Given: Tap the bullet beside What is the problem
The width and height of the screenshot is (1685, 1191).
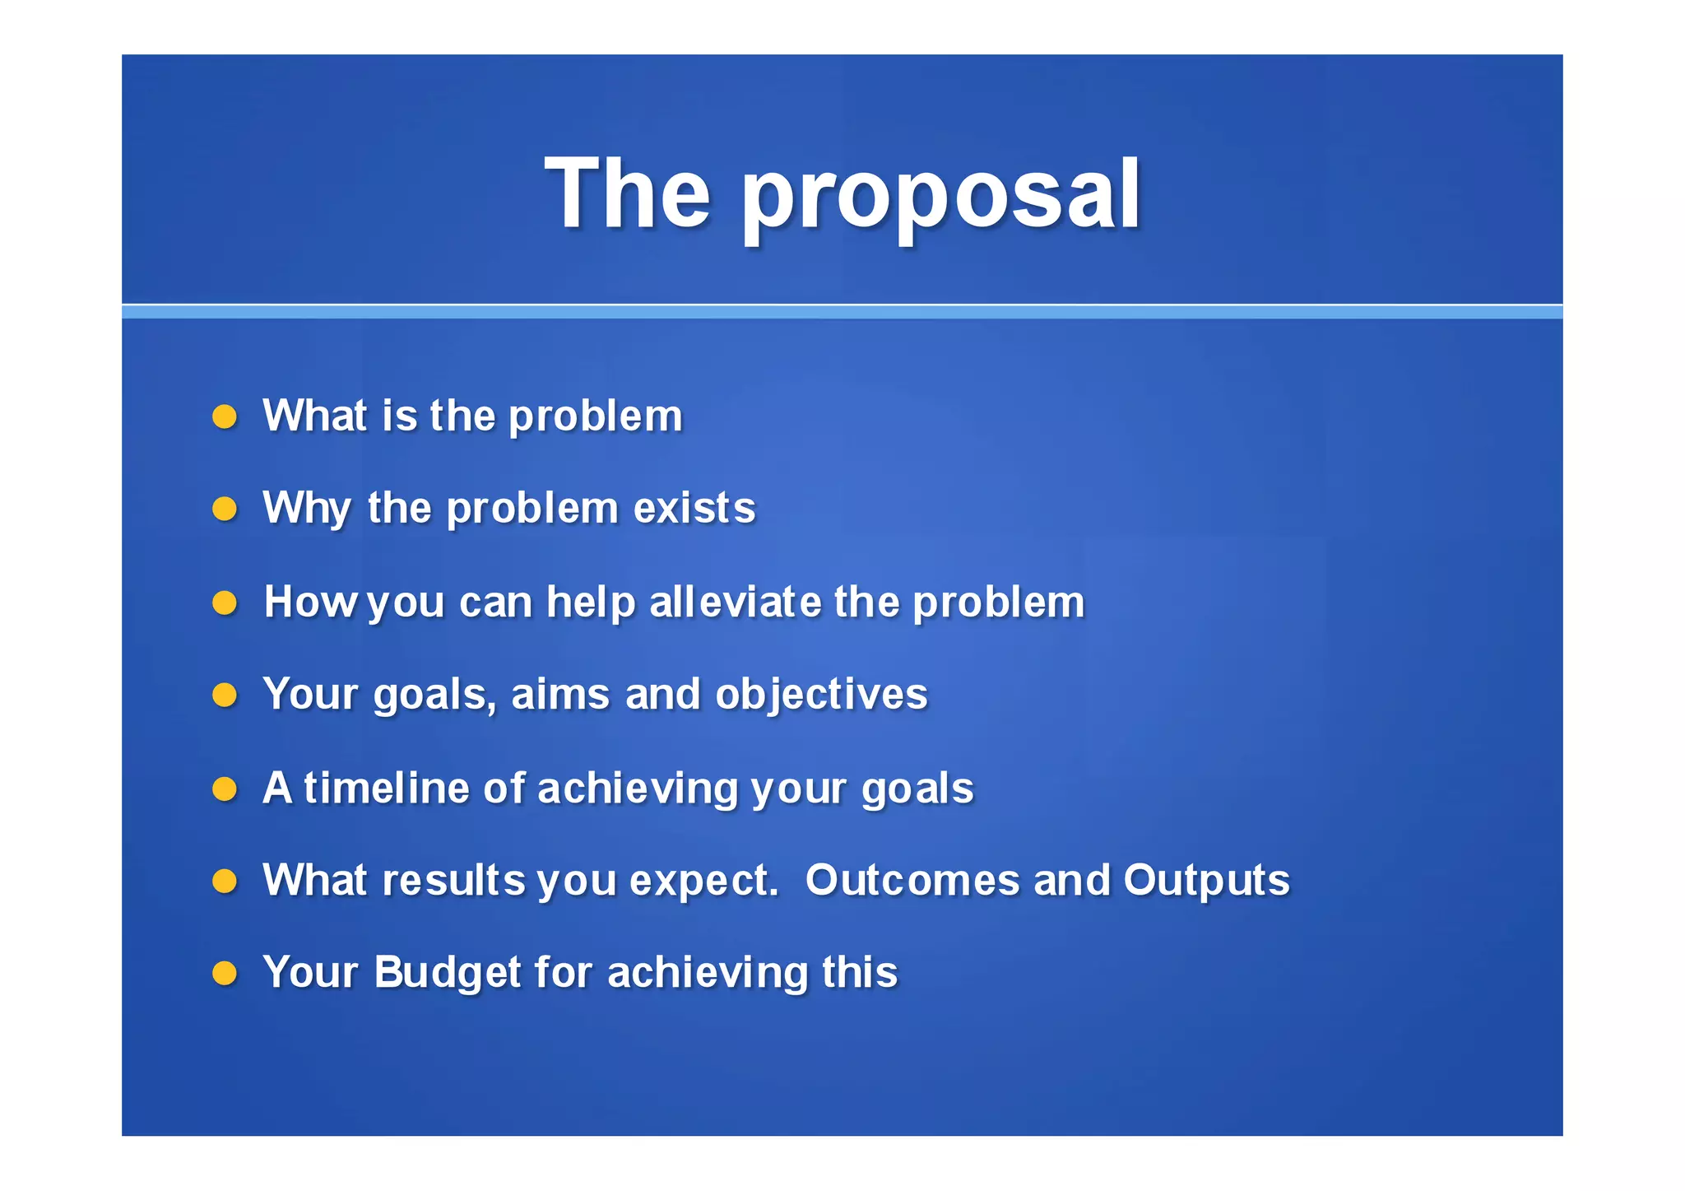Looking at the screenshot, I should click(x=225, y=416).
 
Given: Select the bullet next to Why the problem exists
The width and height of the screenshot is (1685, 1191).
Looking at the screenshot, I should click(x=225, y=509).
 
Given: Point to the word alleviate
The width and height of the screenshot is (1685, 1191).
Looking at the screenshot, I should click(x=736, y=602).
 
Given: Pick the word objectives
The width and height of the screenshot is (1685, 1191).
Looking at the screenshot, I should click(x=821, y=695).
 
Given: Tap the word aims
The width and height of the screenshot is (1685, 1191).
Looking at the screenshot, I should click(x=561, y=695).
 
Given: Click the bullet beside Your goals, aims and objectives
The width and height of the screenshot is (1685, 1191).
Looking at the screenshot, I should click(x=225, y=696).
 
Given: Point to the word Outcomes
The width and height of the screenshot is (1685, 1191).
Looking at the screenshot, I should click(x=912, y=880).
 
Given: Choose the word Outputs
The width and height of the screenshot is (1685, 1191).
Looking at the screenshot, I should click(x=1206, y=881).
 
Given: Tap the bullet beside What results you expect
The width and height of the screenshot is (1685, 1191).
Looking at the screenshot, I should click(x=225, y=882).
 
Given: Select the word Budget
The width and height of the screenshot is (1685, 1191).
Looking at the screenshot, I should click(x=448, y=973).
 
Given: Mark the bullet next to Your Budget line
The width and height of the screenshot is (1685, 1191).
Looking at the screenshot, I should click(x=225, y=974).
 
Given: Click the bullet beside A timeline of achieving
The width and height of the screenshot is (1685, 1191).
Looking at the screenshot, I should click(x=225, y=789).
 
